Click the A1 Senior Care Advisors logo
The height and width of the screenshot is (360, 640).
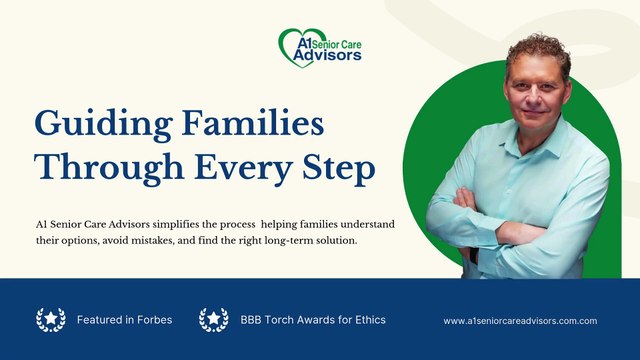click(x=319, y=46)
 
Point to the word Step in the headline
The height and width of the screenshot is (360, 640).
click(x=336, y=169)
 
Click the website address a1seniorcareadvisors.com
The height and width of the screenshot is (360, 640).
click(x=520, y=321)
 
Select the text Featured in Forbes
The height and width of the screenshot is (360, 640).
click(x=124, y=320)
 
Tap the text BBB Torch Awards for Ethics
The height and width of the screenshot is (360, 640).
click(x=313, y=320)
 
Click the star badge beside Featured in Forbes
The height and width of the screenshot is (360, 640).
click(x=50, y=320)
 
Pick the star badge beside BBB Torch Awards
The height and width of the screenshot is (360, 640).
click(x=213, y=320)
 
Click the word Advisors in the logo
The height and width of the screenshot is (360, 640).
click(x=328, y=56)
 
